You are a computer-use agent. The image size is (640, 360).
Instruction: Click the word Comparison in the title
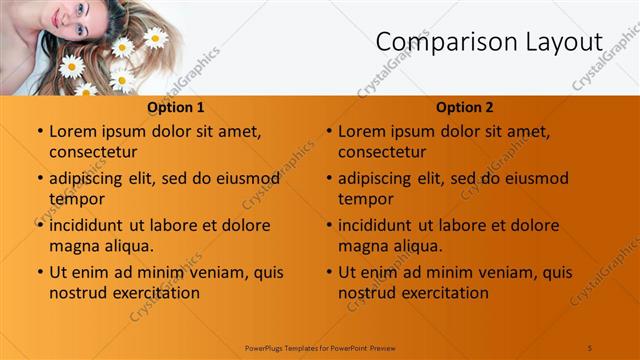click(x=435, y=42)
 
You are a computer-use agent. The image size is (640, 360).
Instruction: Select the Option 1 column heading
click(x=175, y=107)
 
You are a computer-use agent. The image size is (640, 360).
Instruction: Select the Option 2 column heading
click(x=464, y=107)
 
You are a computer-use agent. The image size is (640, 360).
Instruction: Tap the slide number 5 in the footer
click(x=590, y=347)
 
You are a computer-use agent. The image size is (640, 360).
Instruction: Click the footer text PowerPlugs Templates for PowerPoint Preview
click(x=320, y=347)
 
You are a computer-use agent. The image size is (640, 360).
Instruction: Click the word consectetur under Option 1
click(x=93, y=152)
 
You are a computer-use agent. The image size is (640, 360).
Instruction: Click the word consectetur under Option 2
click(x=382, y=152)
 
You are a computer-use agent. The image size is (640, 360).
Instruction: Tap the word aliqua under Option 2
click(x=418, y=246)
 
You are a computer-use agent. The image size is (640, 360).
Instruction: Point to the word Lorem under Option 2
click(x=361, y=131)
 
